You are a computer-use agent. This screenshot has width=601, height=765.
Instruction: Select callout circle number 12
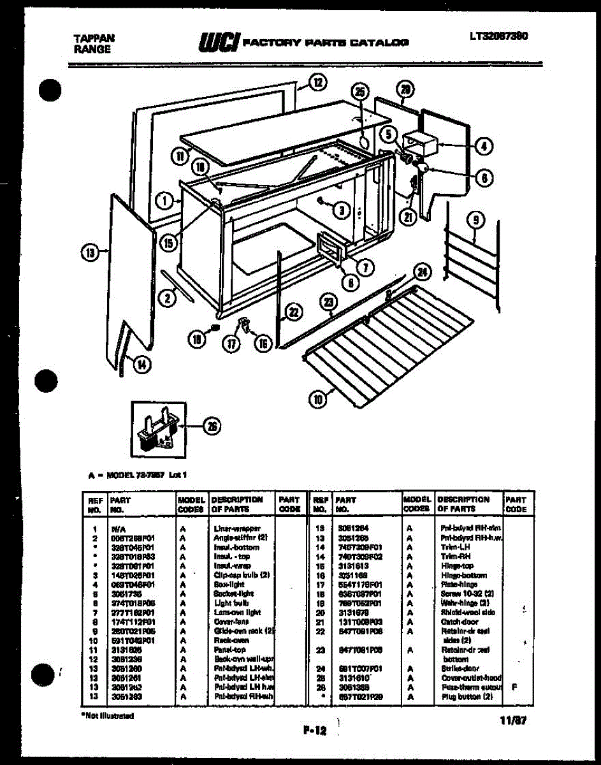(x=317, y=82)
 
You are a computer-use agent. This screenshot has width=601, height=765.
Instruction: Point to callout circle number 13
(x=90, y=254)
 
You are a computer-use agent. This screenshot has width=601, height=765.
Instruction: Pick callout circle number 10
(x=317, y=400)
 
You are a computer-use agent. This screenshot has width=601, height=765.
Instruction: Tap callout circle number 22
(x=293, y=312)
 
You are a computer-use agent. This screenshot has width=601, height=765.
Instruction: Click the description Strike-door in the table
(x=456, y=669)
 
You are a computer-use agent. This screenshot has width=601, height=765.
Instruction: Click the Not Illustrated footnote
(x=108, y=716)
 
